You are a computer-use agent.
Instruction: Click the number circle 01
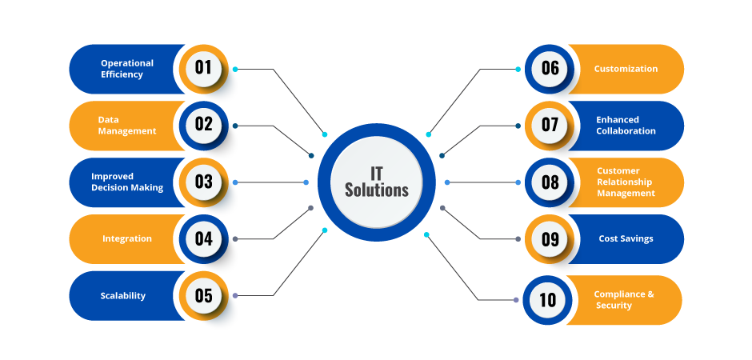point(203,67)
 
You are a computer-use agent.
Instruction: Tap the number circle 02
point(203,124)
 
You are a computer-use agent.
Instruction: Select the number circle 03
point(203,182)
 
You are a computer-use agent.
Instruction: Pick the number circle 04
point(203,238)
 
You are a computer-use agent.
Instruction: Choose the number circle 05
point(203,296)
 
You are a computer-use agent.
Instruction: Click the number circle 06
point(550,68)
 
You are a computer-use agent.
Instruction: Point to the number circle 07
point(550,125)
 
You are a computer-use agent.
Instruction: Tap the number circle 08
point(550,182)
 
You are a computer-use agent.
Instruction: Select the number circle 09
point(550,239)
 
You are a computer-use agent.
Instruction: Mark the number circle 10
point(547,300)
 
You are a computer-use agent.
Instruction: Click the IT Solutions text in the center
point(376,182)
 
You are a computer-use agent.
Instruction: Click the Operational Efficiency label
point(127,69)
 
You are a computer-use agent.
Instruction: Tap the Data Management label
point(127,126)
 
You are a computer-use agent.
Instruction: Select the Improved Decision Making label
point(127,182)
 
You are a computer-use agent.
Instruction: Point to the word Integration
point(127,238)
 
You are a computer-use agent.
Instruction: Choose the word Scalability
point(123,296)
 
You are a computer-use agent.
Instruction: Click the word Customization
point(626,69)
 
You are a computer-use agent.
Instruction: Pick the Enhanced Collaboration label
point(626,126)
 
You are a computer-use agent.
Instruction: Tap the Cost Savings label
point(626,238)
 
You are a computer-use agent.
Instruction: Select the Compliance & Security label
point(624,300)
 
